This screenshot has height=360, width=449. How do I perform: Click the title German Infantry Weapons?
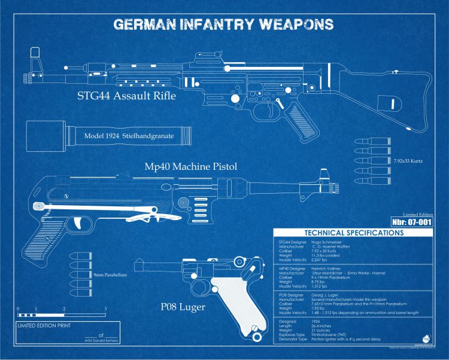pos(223,25)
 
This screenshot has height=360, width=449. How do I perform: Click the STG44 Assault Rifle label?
pos(126,96)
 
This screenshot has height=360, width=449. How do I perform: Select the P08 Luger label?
pos(183,307)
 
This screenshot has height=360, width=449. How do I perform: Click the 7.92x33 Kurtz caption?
pos(409,161)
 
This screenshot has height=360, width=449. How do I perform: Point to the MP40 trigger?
pos(80,223)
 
